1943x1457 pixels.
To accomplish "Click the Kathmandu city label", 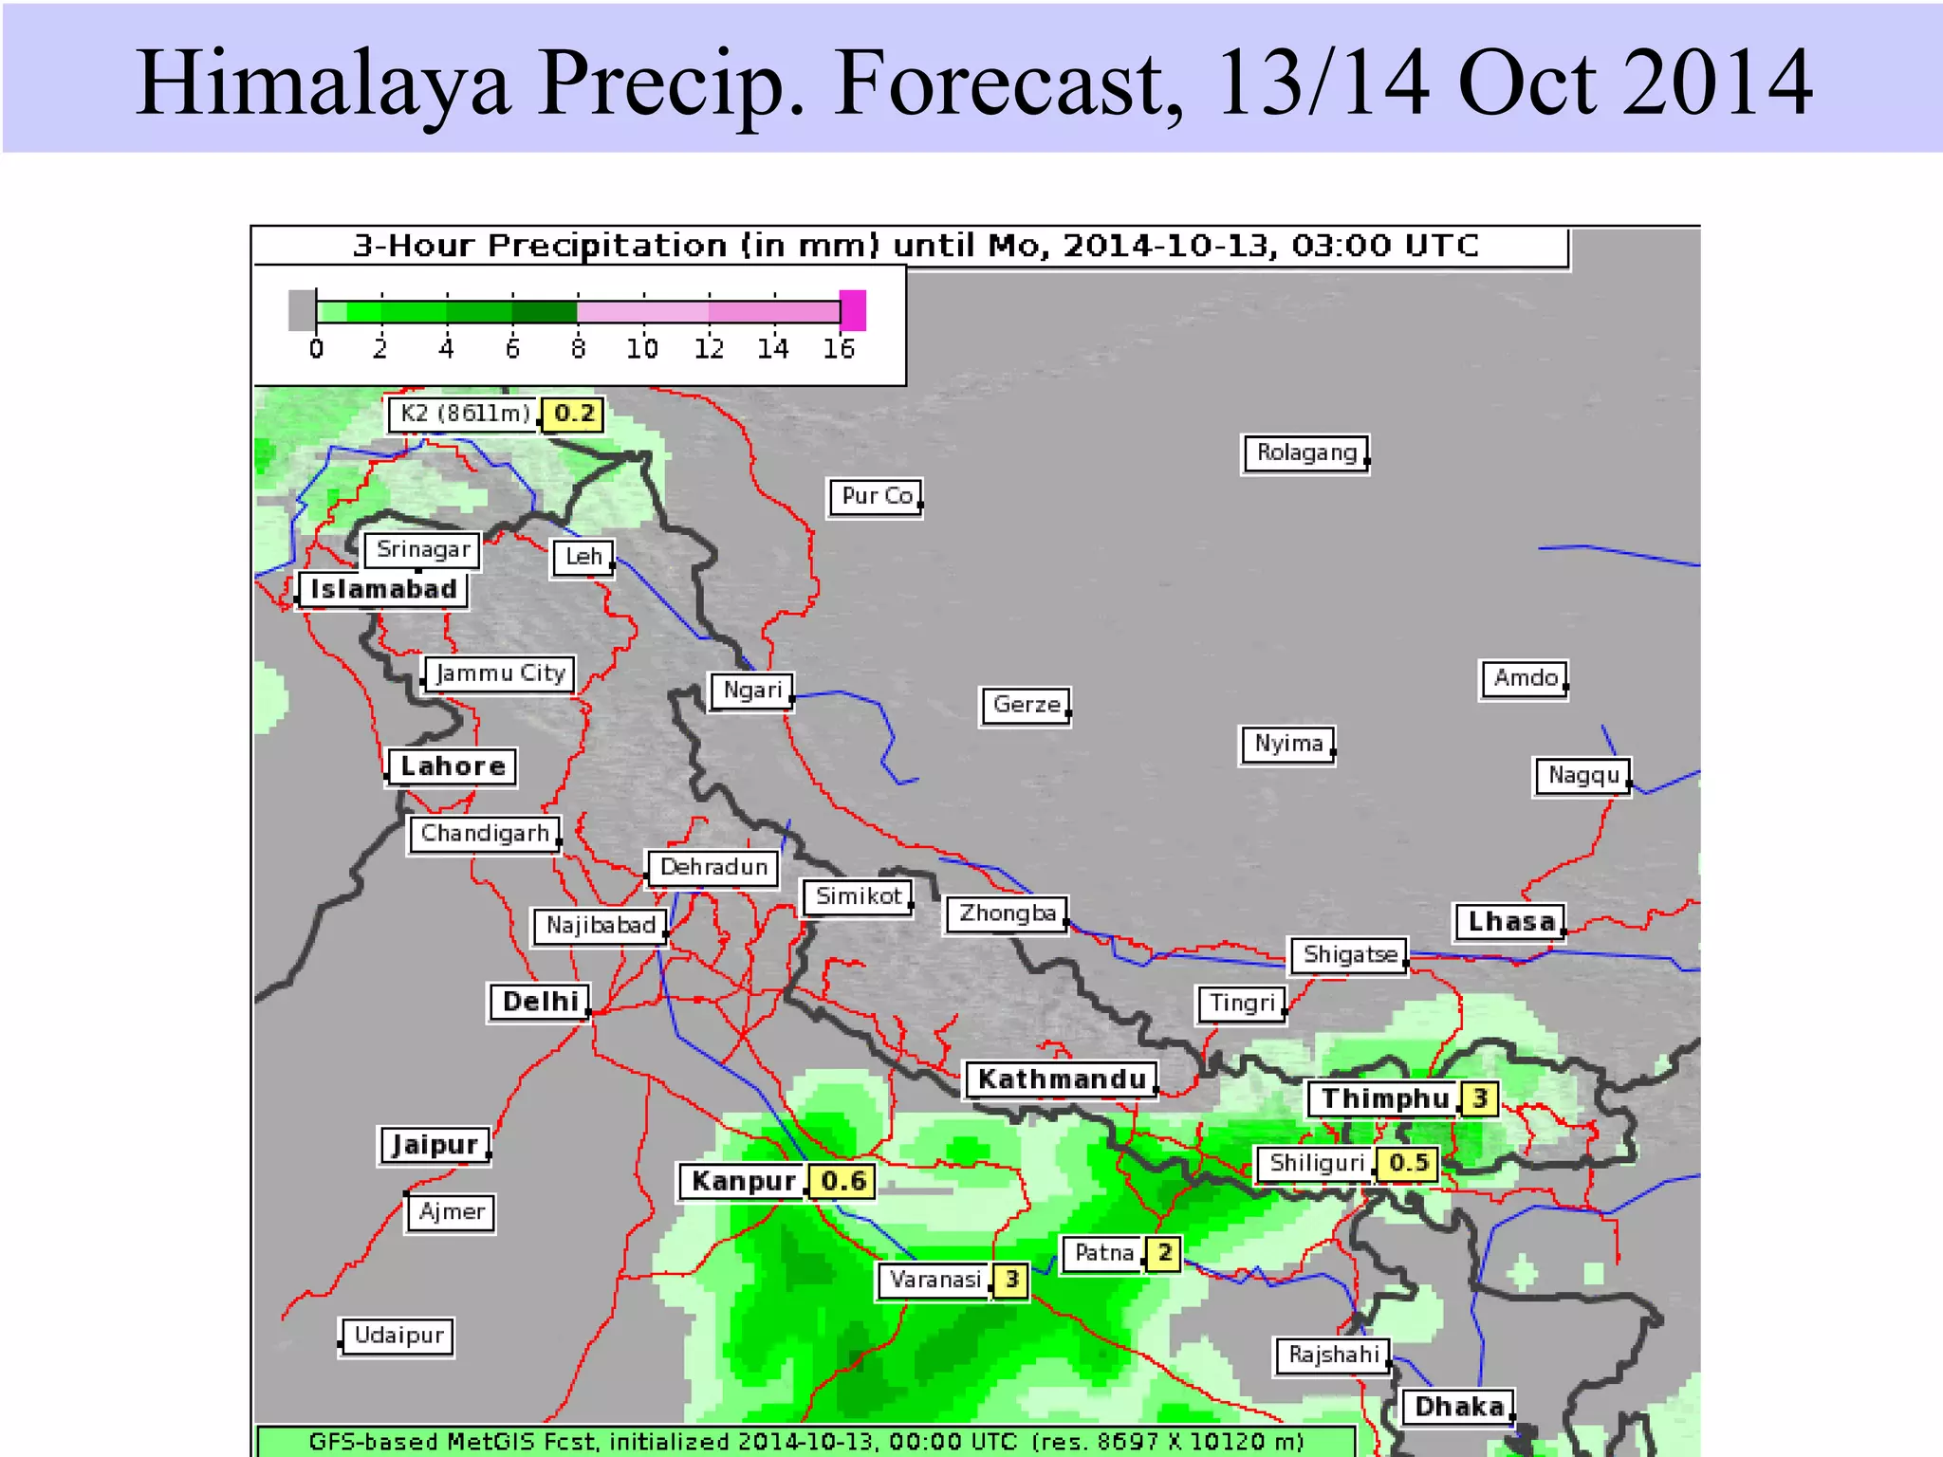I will [1062, 1079].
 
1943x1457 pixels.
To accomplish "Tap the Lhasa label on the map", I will [1510, 921].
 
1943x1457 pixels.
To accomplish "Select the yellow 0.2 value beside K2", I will [573, 414].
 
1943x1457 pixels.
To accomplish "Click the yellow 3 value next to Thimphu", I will [1479, 1098].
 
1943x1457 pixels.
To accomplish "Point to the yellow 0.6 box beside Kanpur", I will [842, 1181].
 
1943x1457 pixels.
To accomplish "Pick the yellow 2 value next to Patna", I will [1164, 1253].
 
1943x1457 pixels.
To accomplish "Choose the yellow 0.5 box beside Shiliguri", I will [1408, 1163].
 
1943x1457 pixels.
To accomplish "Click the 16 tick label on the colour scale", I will [839, 350].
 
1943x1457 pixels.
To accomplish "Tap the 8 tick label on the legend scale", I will [578, 350].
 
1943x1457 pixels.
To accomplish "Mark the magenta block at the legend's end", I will [853, 310].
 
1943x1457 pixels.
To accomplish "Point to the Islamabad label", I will [383, 589].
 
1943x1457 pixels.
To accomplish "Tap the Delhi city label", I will [540, 1002].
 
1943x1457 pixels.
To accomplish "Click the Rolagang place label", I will [1306, 453].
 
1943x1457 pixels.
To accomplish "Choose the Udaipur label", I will [398, 1336].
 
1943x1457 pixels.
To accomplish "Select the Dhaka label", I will [1458, 1406].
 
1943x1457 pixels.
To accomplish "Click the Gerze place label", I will [1026, 705].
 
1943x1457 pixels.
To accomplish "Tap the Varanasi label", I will [934, 1280].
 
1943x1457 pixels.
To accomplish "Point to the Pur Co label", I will [877, 496].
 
